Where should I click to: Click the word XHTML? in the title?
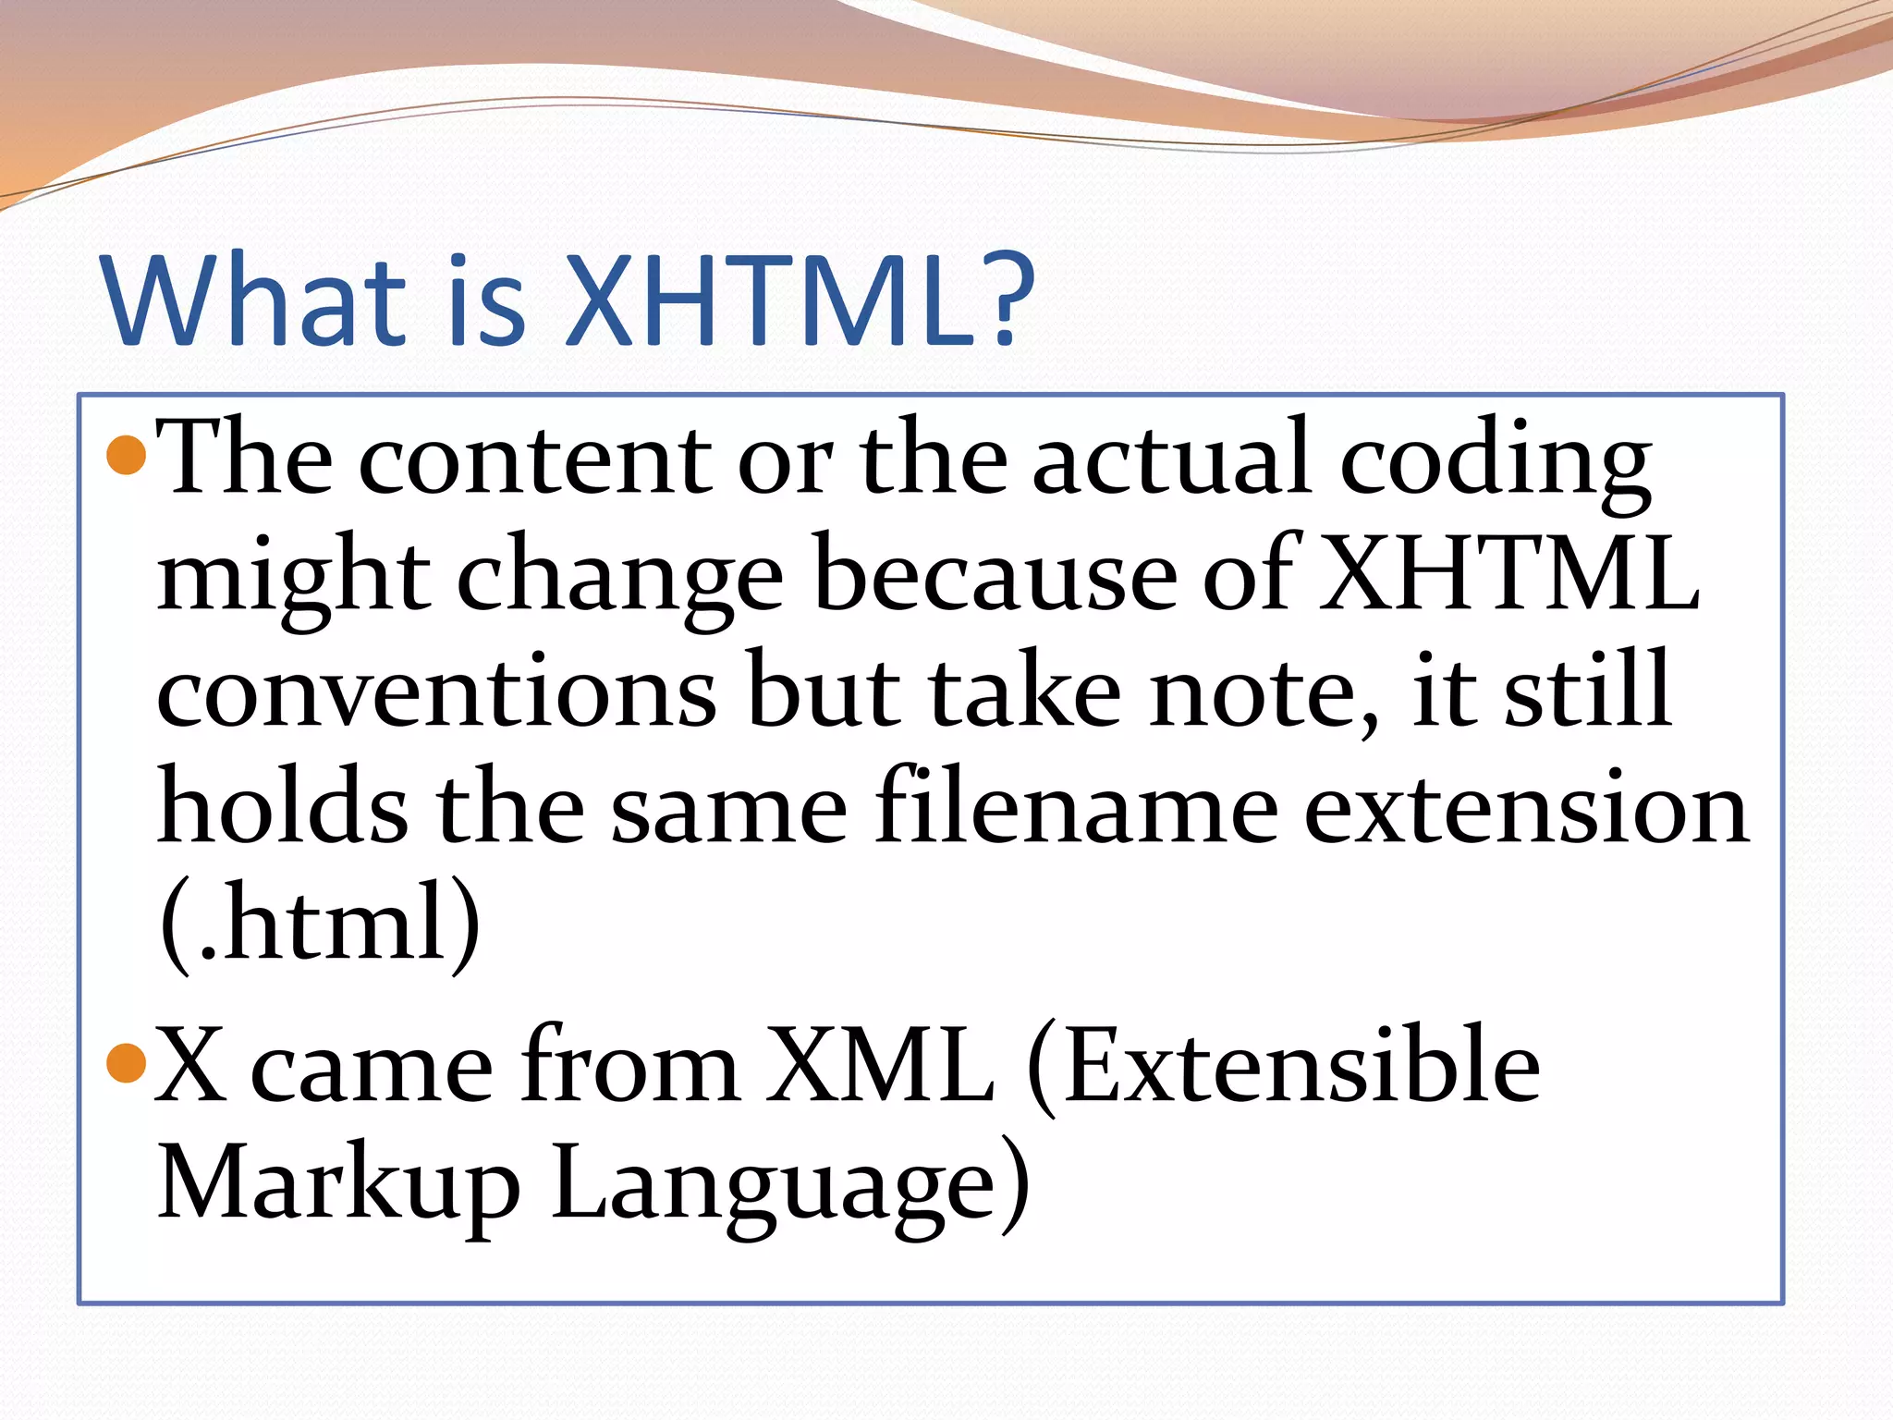(800, 300)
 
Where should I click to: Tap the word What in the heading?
(254, 300)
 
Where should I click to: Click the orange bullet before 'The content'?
(127, 456)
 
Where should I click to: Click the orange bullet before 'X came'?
(127, 1063)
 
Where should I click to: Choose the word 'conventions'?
(436, 693)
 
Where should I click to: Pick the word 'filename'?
(1077, 809)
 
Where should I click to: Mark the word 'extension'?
(1525, 809)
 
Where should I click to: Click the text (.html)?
(320, 924)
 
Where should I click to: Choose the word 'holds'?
(282, 809)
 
